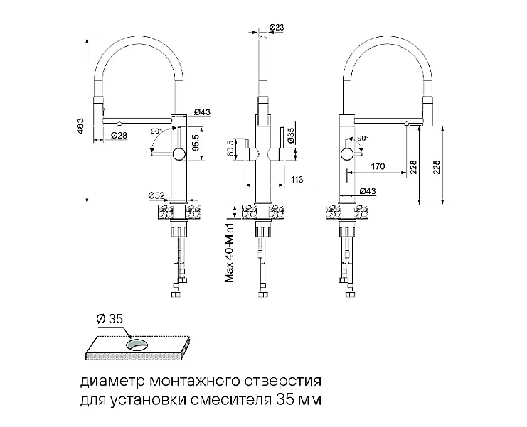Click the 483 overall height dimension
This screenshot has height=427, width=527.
click(80, 126)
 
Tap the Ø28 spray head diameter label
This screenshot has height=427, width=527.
click(119, 135)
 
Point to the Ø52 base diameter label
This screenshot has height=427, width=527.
click(156, 195)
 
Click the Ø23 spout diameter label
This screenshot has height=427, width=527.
click(277, 28)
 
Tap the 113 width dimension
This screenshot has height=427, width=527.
click(297, 179)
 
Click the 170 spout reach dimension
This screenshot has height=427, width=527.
click(378, 166)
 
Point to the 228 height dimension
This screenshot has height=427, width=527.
click(413, 167)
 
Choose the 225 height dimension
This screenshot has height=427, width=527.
click(436, 167)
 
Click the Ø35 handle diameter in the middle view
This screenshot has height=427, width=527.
click(291, 136)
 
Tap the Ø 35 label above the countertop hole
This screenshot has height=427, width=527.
click(110, 319)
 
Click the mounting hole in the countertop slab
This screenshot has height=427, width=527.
click(137, 345)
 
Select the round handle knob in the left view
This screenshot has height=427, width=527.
click(179, 155)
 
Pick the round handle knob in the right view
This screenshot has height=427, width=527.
click(347, 155)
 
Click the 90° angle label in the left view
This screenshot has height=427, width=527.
click(156, 131)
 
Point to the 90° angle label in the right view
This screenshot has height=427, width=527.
click(363, 139)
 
